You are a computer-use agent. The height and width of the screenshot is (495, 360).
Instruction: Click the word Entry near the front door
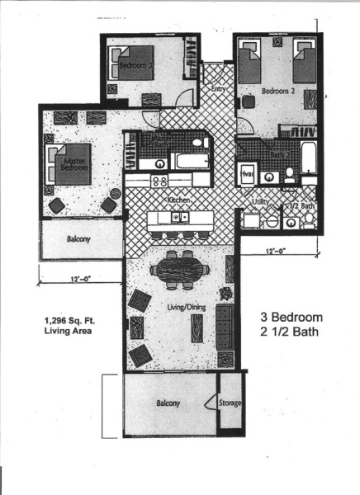(x=219, y=88)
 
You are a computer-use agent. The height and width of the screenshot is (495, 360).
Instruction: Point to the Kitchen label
(x=180, y=200)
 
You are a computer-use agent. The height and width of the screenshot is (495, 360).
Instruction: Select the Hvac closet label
(x=245, y=174)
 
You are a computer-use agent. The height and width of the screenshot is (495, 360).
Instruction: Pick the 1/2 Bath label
(x=300, y=205)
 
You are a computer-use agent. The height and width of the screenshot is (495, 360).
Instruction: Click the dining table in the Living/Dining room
(x=175, y=269)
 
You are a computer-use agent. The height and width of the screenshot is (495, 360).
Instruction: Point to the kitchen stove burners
(x=159, y=181)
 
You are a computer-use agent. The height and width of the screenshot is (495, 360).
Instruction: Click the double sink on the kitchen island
(x=180, y=217)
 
